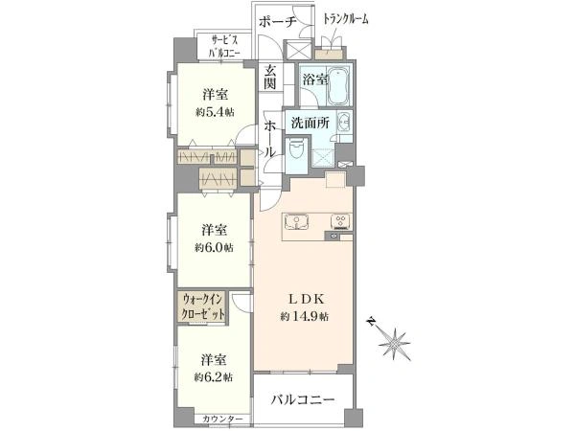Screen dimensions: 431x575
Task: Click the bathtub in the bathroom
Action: tap(340, 87)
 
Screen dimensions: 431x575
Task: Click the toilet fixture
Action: tap(298, 152)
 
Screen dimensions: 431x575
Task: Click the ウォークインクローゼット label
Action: tap(204, 308)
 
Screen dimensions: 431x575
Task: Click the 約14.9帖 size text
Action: tap(305, 317)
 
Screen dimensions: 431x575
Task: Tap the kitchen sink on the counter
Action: tap(297, 224)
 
